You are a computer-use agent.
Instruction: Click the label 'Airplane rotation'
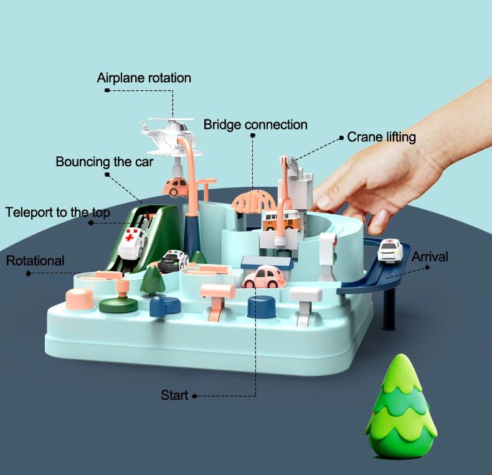click(x=144, y=78)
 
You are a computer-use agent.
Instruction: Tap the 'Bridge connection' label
click(x=255, y=125)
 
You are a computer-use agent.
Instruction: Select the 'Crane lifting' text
click(x=381, y=137)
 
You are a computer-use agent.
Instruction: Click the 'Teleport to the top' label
click(x=57, y=212)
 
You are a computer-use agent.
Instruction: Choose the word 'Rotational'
click(x=35, y=260)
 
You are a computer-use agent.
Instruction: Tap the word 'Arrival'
click(x=430, y=256)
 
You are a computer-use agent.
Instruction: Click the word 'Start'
click(x=174, y=395)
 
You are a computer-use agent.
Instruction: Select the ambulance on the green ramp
click(x=133, y=243)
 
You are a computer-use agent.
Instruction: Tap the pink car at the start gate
click(x=263, y=277)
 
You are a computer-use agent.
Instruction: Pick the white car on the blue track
click(x=390, y=250)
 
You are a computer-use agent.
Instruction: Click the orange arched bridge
click(x=253, y=200)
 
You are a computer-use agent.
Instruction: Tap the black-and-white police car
click(x=173, y=261)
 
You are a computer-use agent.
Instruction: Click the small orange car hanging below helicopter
click(x=175, y=186)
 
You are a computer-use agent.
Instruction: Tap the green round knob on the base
click(x=119, y=304)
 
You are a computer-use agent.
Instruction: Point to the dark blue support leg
click(x=390, y=309)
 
